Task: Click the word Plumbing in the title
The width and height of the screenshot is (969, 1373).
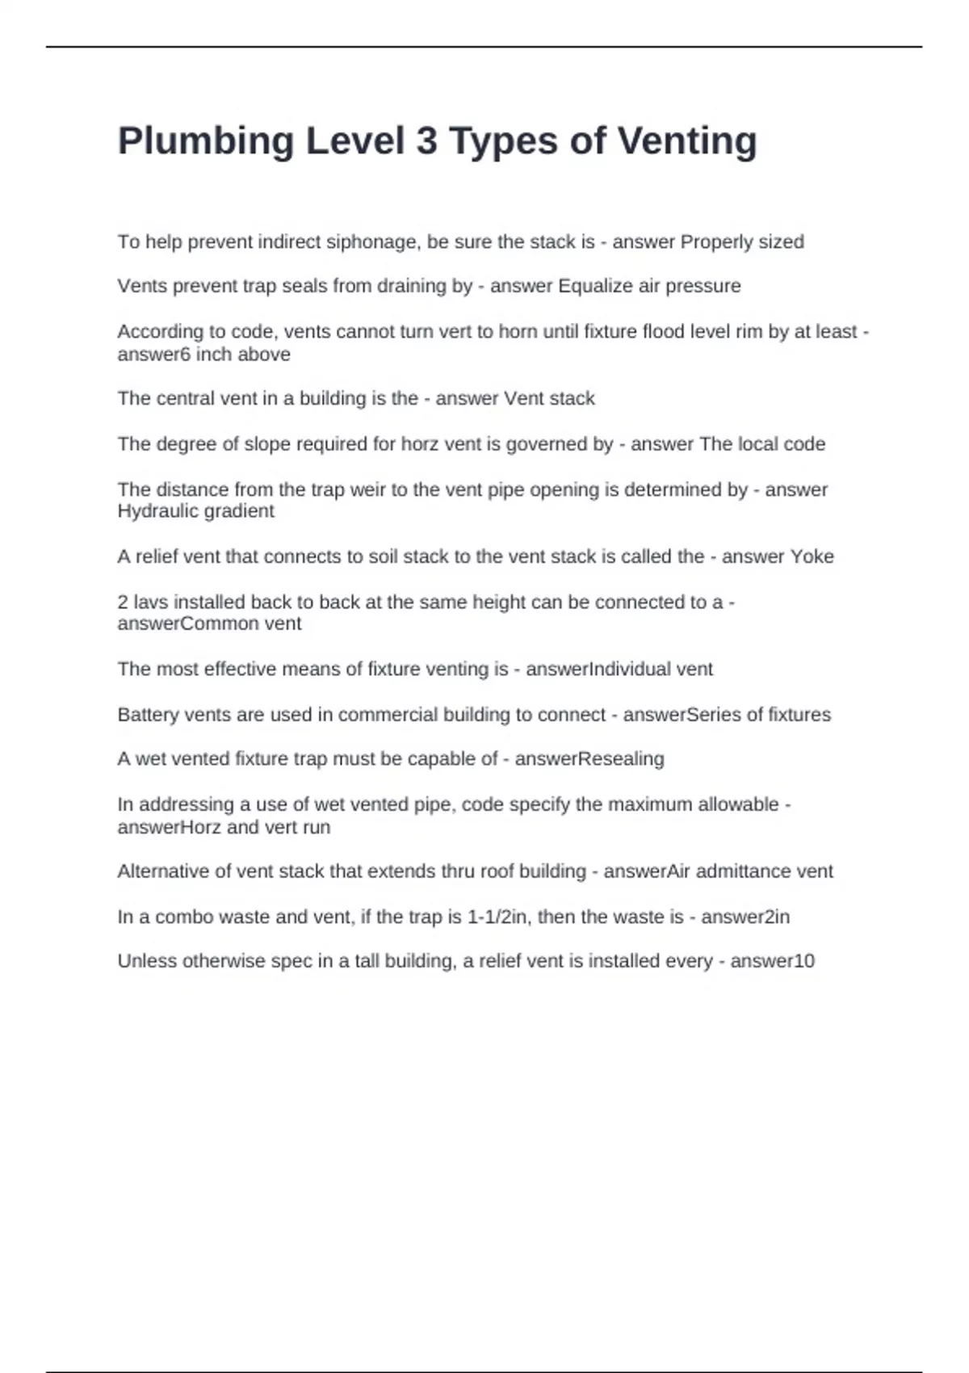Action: pyautogui.click(x=205, y=142)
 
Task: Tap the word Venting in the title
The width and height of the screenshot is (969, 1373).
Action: pyautogui.click(x=687, y=142)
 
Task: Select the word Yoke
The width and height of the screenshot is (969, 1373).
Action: pyautogui.click(x=812, y=556)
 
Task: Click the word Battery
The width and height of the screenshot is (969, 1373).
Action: pyautogui.click(x=148, y=715)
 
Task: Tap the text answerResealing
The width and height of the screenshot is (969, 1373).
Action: pyautogui.click(x=589, y=759)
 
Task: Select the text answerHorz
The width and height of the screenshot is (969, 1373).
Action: pyautogui.click(x=169, y=827)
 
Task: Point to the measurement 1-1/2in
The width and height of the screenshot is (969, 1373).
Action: pyautogui.click(x=499, y=917)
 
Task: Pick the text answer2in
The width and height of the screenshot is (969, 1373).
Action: pyautogui.click(x=745, y=917)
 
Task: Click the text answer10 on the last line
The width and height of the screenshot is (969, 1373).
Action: pyautogui.click(x=773, y=961)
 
